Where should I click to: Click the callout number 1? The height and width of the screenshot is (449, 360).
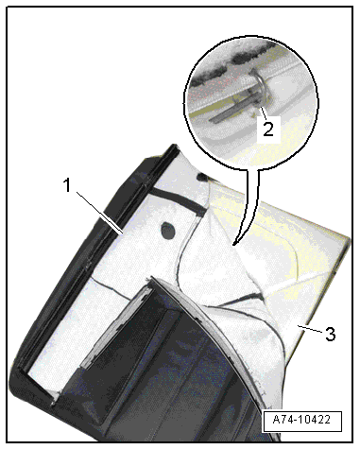pyautogui.click(x=67, y=185)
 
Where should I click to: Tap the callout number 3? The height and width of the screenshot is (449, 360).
pyautogui.click(x=331, y=334)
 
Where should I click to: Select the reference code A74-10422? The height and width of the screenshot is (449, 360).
pyautogui.click(x=301, y=420)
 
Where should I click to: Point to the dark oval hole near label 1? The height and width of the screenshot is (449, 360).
pyautogui.click(x=168, y=231)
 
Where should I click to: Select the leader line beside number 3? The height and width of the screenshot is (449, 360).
pyautogui.click(x=310, y=329)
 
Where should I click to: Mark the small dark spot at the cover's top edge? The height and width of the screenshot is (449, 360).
pyautogui.click(x=202, y=177)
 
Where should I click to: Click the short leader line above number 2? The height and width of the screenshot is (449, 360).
pyautogui.click(x=264, y=112)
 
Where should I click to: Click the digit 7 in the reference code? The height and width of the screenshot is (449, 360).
pyautogui.click(x=283, y=420)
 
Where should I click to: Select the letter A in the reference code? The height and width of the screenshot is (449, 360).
pyautogui.click(x=277, y=420)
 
